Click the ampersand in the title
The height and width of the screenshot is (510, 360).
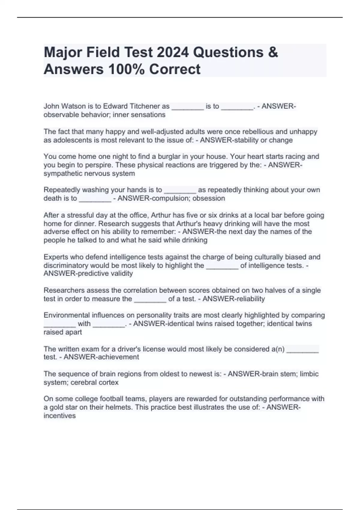(273, 52)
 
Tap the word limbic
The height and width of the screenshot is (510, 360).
(309, 374)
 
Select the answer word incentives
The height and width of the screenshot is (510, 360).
(60, 416)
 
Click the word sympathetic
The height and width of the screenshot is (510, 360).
(63, 173)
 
